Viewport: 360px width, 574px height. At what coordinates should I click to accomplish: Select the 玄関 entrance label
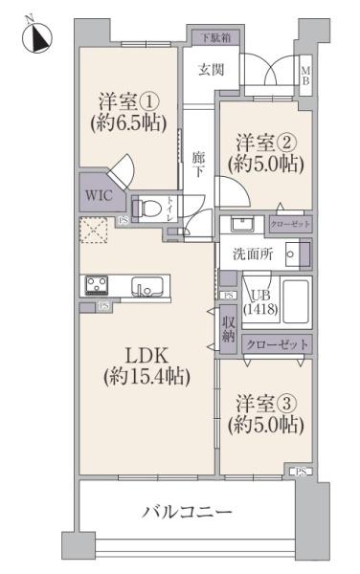click(211, 69)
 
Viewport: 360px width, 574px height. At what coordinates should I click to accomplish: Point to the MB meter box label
click(306, 75)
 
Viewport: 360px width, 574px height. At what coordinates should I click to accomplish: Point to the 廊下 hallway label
click(198, 164)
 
